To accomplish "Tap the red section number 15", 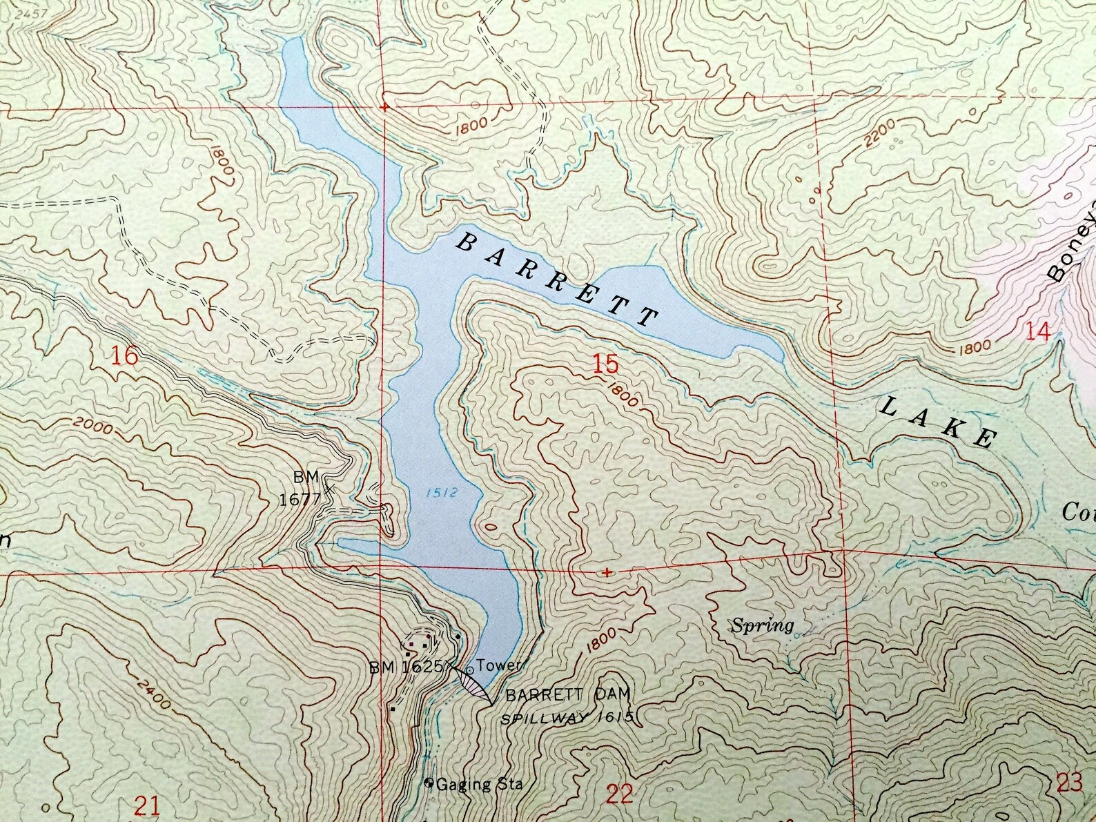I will click(605, 364).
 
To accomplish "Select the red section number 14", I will click(1039, 332).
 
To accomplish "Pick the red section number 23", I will click(1069, 783).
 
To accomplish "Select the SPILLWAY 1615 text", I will click(567, 718).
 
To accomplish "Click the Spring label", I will click(762, 626).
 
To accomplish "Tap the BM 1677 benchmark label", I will click(301, 489).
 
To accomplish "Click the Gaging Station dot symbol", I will click(429, 783).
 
